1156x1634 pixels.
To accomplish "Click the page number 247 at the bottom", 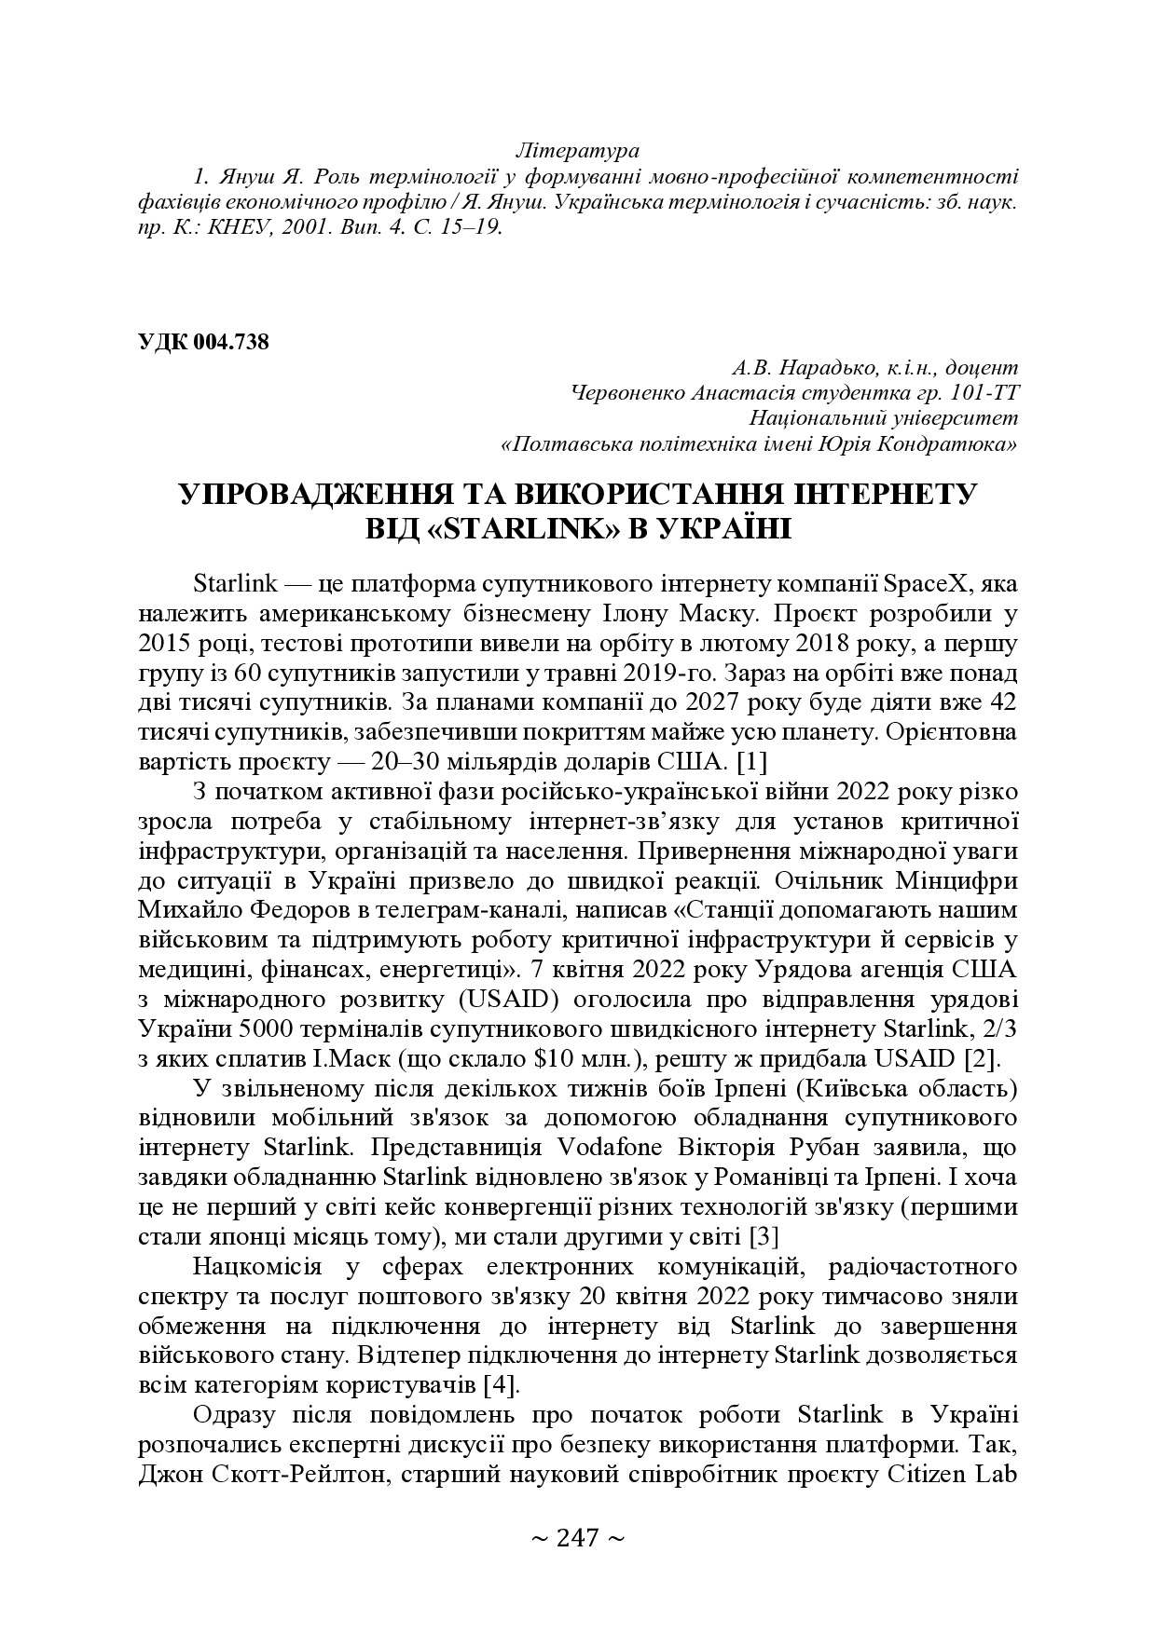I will pos(577,1538).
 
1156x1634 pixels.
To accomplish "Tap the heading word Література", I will pos(577,150).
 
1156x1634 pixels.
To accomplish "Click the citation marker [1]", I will pos(751,762).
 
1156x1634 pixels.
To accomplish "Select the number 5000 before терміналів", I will pos(267,1029).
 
